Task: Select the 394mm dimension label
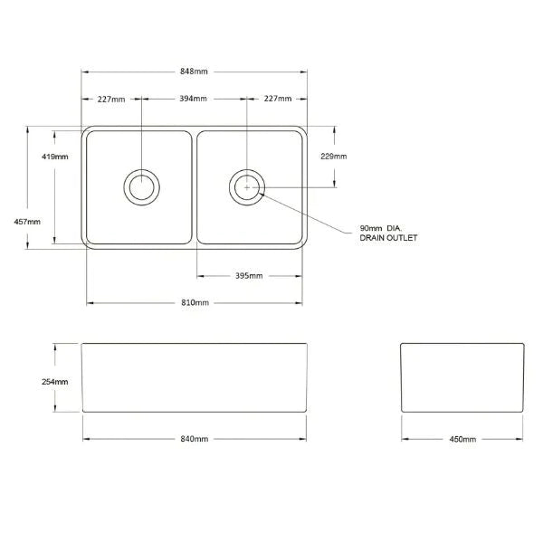coord(195,99)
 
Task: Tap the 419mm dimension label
coord(55,157)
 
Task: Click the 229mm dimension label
coord(334,157)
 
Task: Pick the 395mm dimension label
coord(250,276)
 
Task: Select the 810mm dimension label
coord(195,302)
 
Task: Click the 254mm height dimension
coord(55,381)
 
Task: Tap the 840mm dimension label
coord(195,439)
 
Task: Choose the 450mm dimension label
coord(462,439)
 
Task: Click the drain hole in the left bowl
coord(141,187)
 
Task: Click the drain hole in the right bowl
coord(247,187)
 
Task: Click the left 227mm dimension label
coord(111,99)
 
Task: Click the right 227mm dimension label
coord(278,99)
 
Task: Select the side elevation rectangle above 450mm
coord(462,378)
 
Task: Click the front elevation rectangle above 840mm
coord(194,378)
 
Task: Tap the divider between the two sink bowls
coord(195,187)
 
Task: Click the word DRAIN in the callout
coord(372,238)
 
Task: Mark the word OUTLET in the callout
coord(402,238)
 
